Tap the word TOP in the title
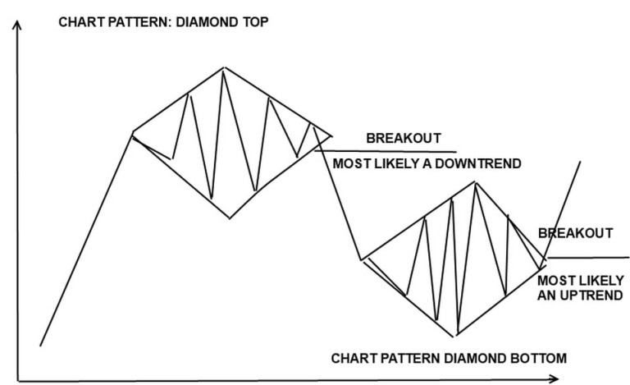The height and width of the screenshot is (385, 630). pyautogui.click(x=253, y=21)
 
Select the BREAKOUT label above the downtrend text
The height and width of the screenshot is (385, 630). pyautogui.click(x=404, y=138)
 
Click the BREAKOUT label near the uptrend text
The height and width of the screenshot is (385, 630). pyautogui.click(x=575, y=233)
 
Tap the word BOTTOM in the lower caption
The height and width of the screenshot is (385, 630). pyautogui.click(x=538, y=358)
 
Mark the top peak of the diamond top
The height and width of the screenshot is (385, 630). pyautogui.click(x=224, y=67)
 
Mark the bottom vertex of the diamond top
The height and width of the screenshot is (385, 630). pyautogui.click(x=230, y=218)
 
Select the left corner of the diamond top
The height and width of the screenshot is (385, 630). pyautogui.click(x=133, y=132)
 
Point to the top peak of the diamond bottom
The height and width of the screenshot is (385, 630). pyautogui.click(x=475, y=182)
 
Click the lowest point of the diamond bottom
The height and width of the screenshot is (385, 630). pyautogui.click(x=454, y=336)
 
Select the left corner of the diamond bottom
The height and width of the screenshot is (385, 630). pyautogui.click(x=362, y=259)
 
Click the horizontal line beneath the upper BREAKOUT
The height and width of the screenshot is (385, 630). pyautogui.click(x=386, y=151)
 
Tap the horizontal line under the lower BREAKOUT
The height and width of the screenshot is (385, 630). pyautogui.click(x=588, y=257)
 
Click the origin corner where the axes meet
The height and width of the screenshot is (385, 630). pyautogui.click(x=19, y=380)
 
